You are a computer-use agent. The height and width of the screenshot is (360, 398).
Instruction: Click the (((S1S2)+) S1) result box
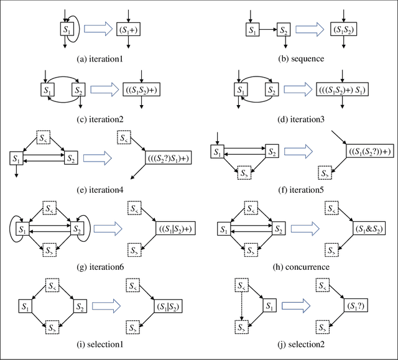(342, 90)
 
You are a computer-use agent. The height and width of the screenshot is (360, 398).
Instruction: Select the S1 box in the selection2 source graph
(269, 307)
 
